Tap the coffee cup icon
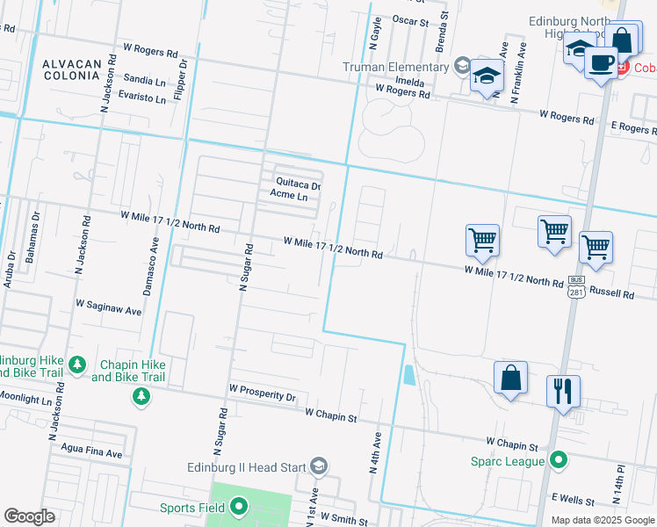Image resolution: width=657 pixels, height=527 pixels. [x=602, y=62]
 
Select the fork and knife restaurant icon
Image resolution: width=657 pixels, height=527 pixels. [x=563, y=390]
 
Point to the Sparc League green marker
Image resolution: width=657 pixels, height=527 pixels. [x=557, y=459]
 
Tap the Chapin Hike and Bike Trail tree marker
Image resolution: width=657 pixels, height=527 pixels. [x=141, y=398]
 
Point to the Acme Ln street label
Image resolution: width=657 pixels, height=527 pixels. [x=289, y=195]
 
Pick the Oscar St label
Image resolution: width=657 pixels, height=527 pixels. [x=410, y=19]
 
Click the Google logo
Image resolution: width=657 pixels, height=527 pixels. [x=30, y=516]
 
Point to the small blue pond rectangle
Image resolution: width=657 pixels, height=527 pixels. [x=408, y=375]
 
